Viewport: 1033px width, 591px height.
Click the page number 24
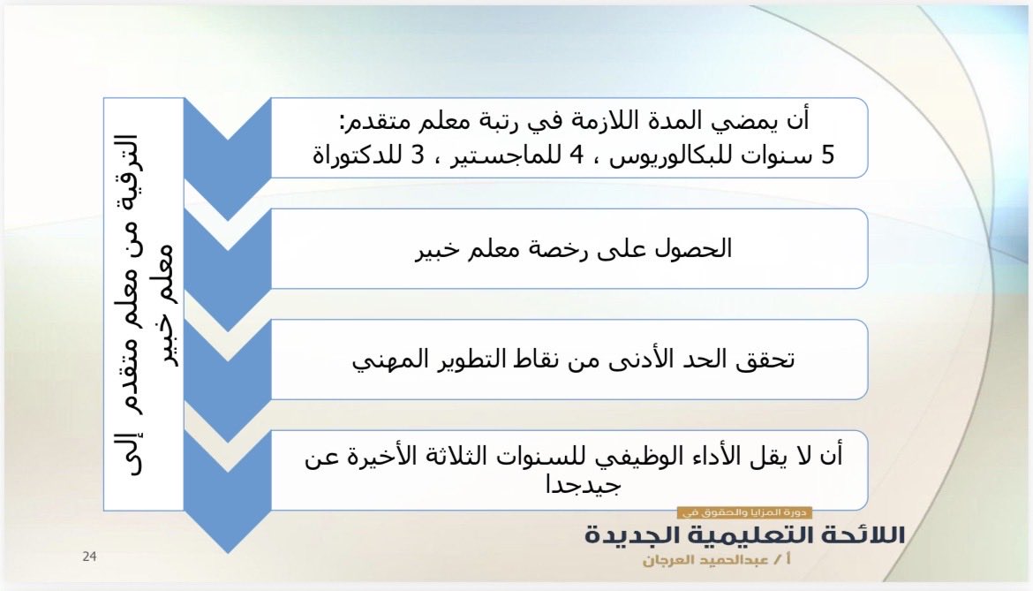89,556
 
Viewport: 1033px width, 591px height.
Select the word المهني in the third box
388,360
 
